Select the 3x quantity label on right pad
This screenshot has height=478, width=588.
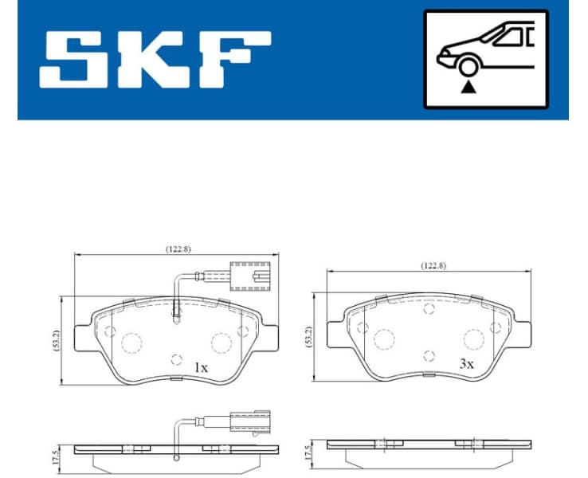(465, 363)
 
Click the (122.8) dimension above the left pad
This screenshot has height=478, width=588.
(177, 249)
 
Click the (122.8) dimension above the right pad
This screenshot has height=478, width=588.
(433, 265)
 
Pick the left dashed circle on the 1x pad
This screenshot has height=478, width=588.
(131, 343)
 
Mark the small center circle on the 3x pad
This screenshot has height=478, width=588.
(429, 356)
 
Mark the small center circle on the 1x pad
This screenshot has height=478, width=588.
(177, 359)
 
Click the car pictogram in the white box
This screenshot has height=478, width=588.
(486, 48)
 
